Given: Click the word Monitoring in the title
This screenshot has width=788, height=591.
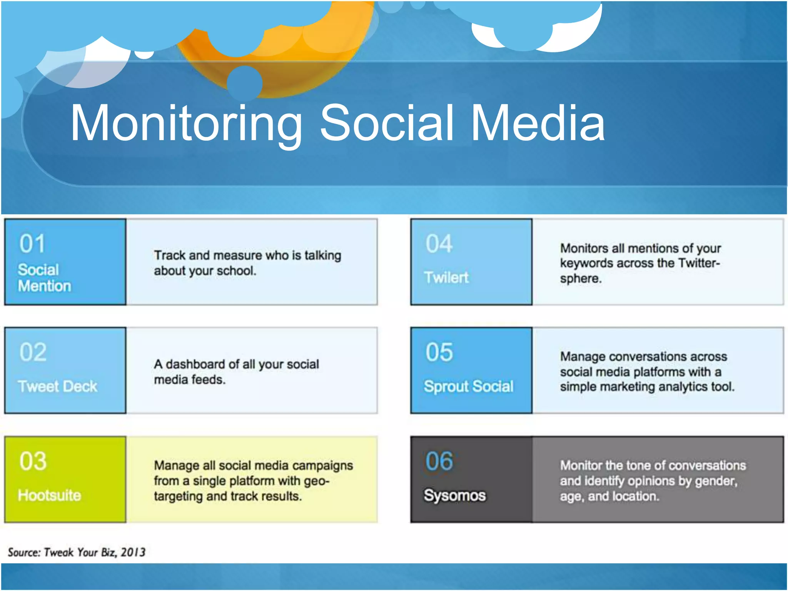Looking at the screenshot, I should click(187, 124).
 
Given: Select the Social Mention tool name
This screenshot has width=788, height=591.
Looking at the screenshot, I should click(44, 278).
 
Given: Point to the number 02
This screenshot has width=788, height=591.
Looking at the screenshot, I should click(33, 352).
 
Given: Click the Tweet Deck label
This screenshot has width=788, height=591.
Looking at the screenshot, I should click(58, 386).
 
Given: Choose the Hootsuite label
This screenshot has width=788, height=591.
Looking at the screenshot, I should click(49, 495).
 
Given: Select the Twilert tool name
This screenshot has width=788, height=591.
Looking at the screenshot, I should click(446, 277).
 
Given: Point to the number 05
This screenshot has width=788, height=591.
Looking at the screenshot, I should click(439, 352).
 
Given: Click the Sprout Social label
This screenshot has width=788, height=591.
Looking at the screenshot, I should click(468, 386).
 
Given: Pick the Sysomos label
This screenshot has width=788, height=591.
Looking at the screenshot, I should click(454, 495).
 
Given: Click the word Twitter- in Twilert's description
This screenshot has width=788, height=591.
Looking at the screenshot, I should click(699, 263).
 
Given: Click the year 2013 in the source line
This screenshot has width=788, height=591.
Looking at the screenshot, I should click(133, 552).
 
